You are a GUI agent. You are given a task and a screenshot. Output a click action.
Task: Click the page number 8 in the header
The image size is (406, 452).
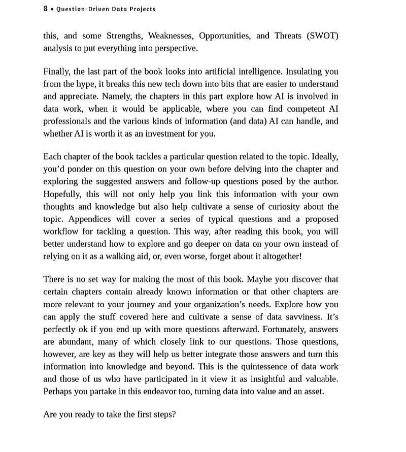pyautogui.click(x=46, y=9)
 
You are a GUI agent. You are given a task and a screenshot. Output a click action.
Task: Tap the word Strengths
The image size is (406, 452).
pyautogui.click(x=125, y=36)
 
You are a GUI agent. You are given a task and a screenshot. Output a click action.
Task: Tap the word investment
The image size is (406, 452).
pyautogui.click(x=171, y=134)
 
